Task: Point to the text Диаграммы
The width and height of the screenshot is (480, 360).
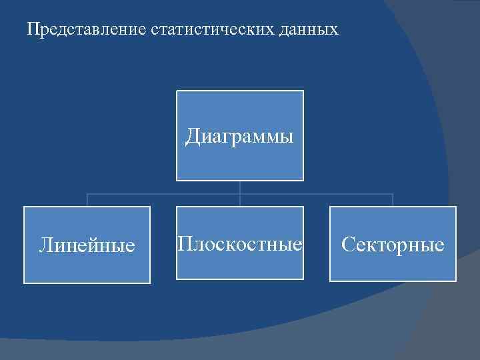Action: [239, 137]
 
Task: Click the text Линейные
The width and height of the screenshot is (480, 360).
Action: [87, 245]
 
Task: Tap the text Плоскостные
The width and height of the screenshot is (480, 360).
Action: [239, 243]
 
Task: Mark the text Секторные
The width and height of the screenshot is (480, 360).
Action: [393, 245]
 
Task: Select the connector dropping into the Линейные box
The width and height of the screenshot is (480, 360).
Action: [87, 200]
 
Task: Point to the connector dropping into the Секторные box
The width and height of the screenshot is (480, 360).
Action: [393, 200]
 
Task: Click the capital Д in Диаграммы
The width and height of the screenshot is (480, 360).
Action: [193, 137]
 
